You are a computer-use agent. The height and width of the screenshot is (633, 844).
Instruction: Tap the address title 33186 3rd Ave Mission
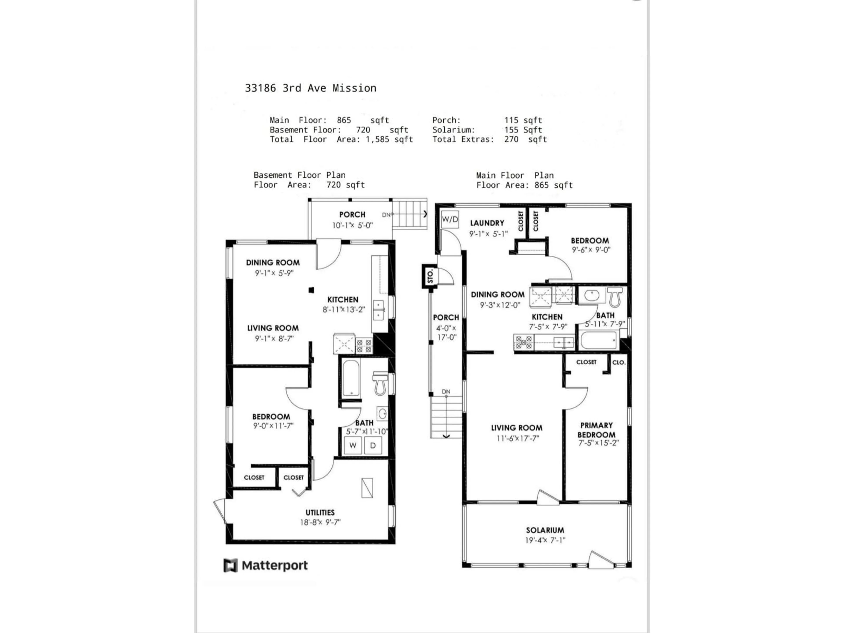coord(310,88)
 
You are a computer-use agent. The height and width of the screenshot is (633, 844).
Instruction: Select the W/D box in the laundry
coord(449,219)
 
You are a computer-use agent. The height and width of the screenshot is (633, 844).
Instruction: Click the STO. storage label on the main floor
coord(430,276)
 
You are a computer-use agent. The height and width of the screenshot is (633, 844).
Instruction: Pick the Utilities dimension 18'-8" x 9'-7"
coord(320,522)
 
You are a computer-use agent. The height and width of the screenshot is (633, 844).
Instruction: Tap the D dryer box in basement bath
coord(373,445)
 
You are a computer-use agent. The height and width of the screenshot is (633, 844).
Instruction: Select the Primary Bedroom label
coord(596,430)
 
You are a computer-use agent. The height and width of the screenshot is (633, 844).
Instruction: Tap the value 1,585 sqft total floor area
coord(389,139)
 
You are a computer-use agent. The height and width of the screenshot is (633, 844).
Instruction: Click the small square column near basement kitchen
coord(311,290)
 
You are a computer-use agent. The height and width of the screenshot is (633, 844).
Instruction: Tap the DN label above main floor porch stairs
coord(446,391)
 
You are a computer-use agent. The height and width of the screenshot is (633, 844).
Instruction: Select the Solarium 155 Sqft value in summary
coord(523,130)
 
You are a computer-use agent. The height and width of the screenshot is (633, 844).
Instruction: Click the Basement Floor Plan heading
coord(300,175)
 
